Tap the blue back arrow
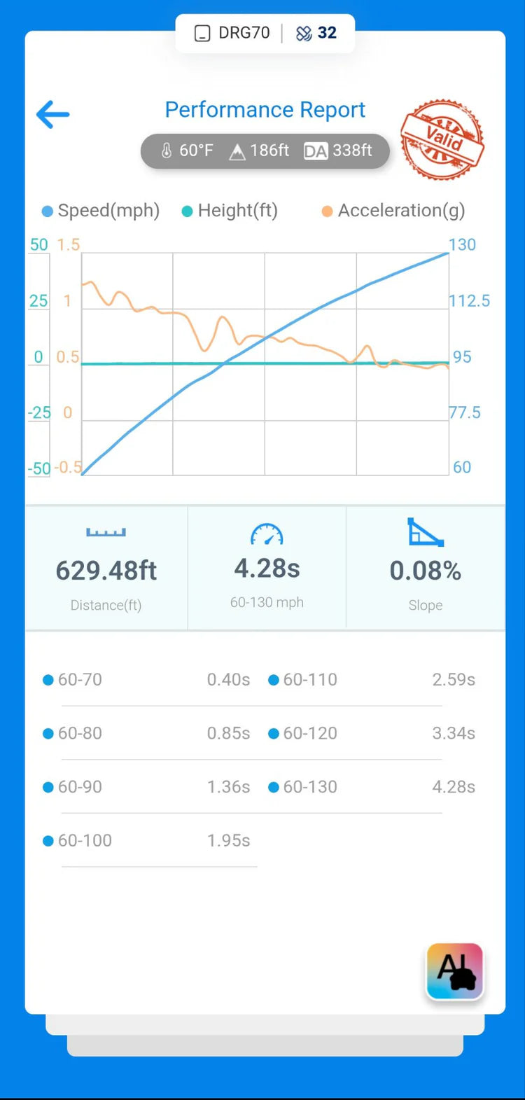[53, 114]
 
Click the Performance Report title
[265, 110]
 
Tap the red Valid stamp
[442, 139]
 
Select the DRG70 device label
[243, 33]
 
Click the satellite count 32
[326, 33]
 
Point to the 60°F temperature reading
[195, 151]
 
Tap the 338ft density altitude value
[352, 151]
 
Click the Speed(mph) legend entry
[108, 210]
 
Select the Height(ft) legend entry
[237, 210]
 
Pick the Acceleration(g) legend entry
[400, 210]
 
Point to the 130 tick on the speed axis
[462, 244]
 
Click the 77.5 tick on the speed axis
[465, 412]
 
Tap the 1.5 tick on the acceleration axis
[69, 244]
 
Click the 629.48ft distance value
[106, 571]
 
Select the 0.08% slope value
[425, 571]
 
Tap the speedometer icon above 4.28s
[267, 535]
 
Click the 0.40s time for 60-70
[228, 679]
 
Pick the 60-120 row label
[310, 733]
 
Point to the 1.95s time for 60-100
[228, 840]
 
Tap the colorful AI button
[455, 971]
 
